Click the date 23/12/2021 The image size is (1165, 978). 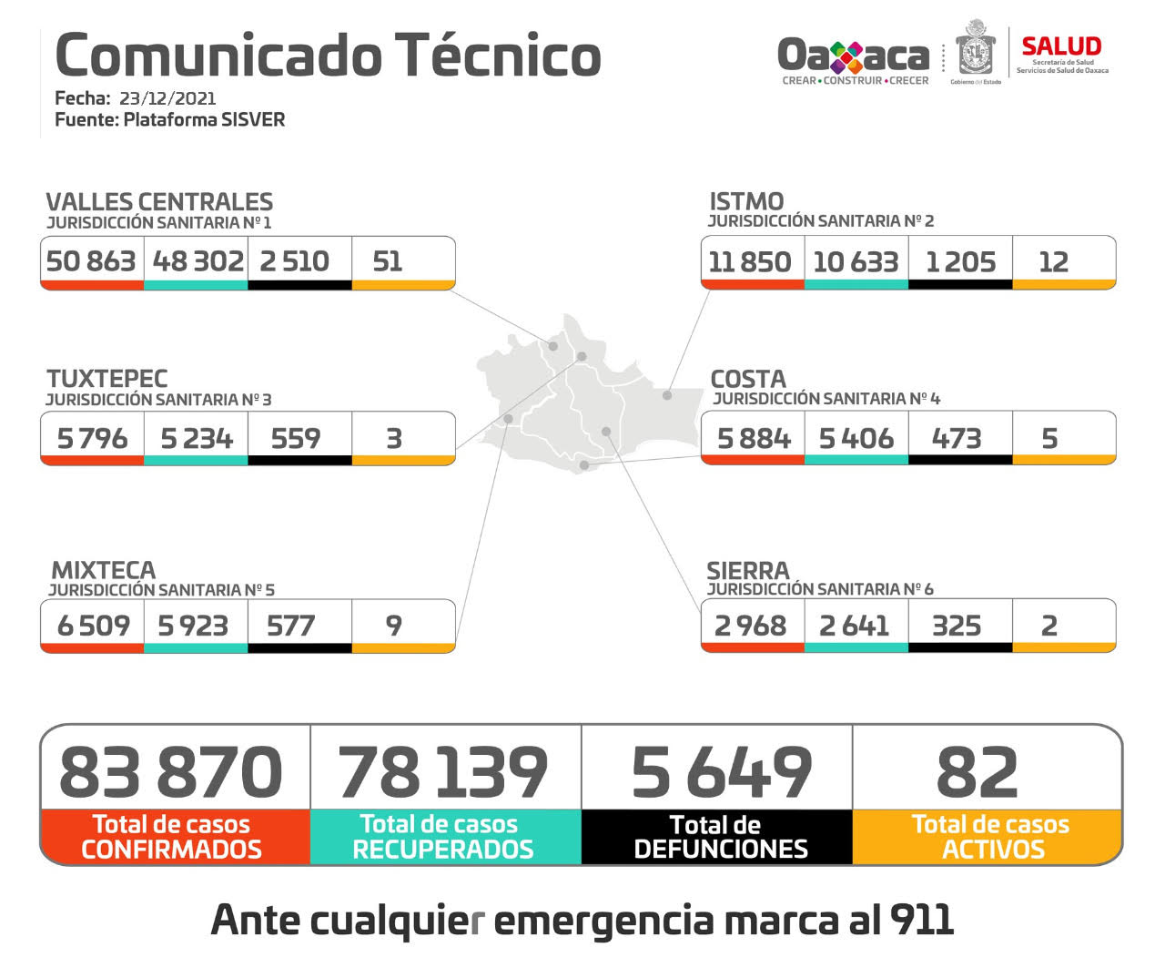[167, 98]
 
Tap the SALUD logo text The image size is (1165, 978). [1061, 46]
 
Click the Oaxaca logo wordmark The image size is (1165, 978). [853, 56]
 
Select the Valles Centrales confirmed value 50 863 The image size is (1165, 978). [91, 261]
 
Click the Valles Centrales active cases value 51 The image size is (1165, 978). [388, 261]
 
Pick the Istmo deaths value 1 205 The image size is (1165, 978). [960, 262]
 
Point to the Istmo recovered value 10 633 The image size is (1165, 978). [856, 262]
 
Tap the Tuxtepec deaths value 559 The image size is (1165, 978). [296, 439]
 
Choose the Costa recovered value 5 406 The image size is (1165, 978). [856, 439]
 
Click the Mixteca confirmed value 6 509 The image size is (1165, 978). [93, 626]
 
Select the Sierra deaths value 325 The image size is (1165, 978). [957, 626]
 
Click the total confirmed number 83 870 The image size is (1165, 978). [171, 772]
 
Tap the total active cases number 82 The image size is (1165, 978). [978, 772]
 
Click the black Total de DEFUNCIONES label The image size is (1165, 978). [719, 837]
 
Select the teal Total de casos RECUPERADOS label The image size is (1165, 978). [442, 837]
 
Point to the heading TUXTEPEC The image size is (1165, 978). [107, 379]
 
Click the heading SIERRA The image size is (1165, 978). [748, 571]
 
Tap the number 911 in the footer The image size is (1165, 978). [922, 920]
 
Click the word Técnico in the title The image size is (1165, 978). [498, 55]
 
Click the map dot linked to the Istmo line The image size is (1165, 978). [667, 395]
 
